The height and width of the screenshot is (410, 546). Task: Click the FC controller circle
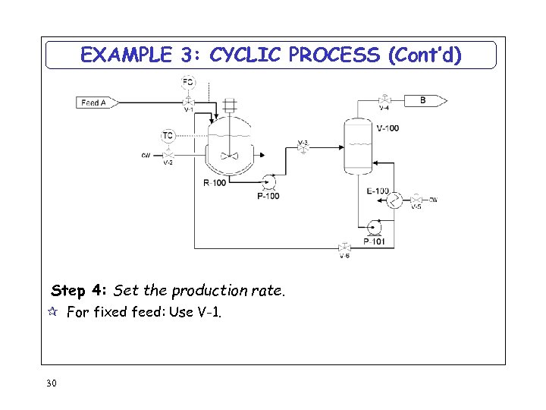(188, 81)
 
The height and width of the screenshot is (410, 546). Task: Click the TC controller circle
(168, 136)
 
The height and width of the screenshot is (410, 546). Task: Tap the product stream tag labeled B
(425, 100)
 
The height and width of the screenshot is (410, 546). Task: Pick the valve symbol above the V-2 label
(168, 156)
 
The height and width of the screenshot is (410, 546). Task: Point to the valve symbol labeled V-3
(303, 150)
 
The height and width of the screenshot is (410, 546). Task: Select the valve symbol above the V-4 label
(384, 100)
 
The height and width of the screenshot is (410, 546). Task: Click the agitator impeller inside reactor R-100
(229, 156)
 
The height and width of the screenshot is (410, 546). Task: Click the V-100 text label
(388, 128)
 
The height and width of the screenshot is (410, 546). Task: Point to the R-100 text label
(215, 183)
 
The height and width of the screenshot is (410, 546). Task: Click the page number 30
(51, 383)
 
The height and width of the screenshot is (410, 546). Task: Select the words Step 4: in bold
(80, 291)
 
